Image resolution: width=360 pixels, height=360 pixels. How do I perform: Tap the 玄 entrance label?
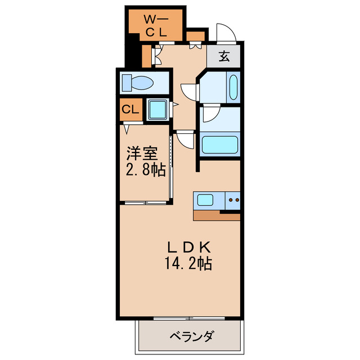[x=224, y=56]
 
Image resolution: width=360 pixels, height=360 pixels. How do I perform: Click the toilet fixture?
[x=137, y=83]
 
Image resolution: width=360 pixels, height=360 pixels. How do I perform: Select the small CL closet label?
[x=130, y=109]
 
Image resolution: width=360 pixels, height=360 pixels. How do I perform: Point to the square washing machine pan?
[x=157, y=109]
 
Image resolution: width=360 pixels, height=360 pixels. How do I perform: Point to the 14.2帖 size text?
[x=188, y=263]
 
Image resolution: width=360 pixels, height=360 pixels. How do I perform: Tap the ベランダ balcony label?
[x=192, y=337]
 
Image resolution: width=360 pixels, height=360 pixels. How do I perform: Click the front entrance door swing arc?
[x=224, y=33]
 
